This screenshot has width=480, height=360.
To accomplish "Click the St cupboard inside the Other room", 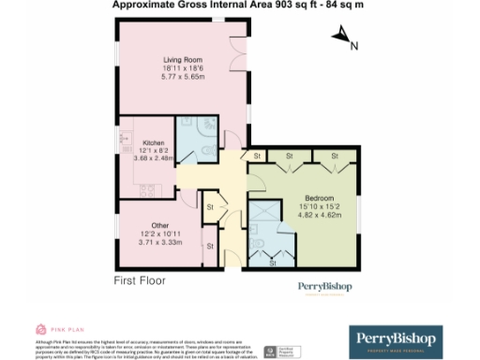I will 210,247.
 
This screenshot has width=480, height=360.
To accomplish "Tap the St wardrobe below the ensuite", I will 273,262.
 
